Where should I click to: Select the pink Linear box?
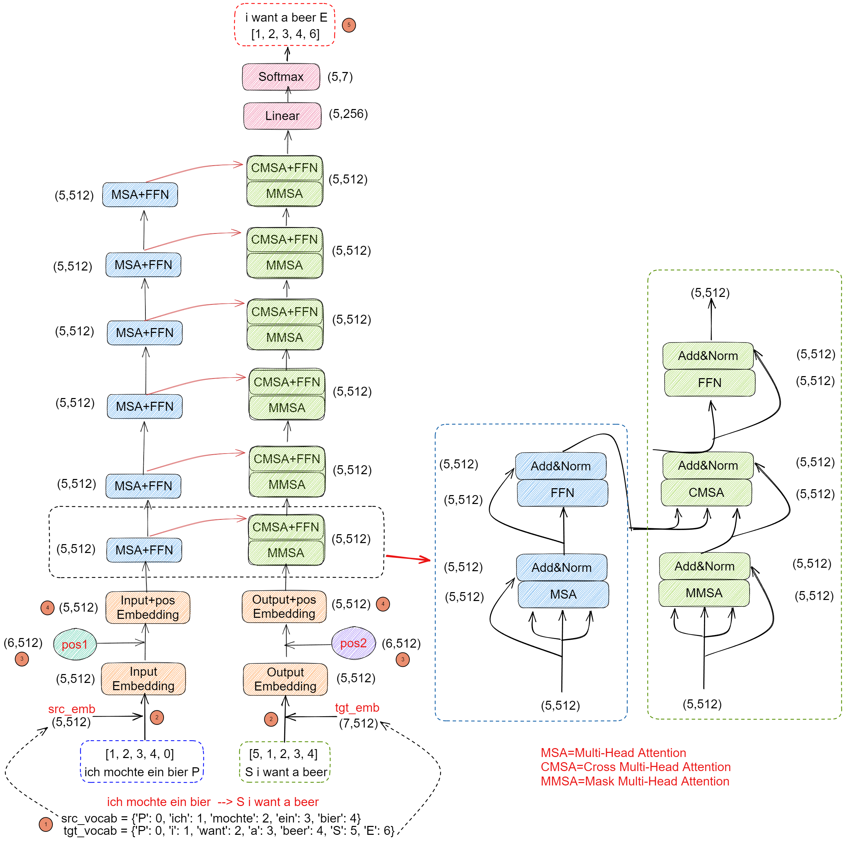(282, 116)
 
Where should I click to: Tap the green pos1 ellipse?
(75, 644)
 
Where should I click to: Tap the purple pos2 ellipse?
(353, 643)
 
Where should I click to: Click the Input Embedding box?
(143, 678)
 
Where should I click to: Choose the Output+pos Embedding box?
(284, 606)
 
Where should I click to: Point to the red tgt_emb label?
(357, 708)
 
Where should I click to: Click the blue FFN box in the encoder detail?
(562, 493)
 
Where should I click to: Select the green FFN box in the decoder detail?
(710, 383)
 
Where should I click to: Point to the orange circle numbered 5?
(348, 25)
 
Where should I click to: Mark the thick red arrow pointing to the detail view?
(408, 558)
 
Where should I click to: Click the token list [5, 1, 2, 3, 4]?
(283, 754)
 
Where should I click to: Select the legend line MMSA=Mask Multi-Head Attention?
(635, 781)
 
